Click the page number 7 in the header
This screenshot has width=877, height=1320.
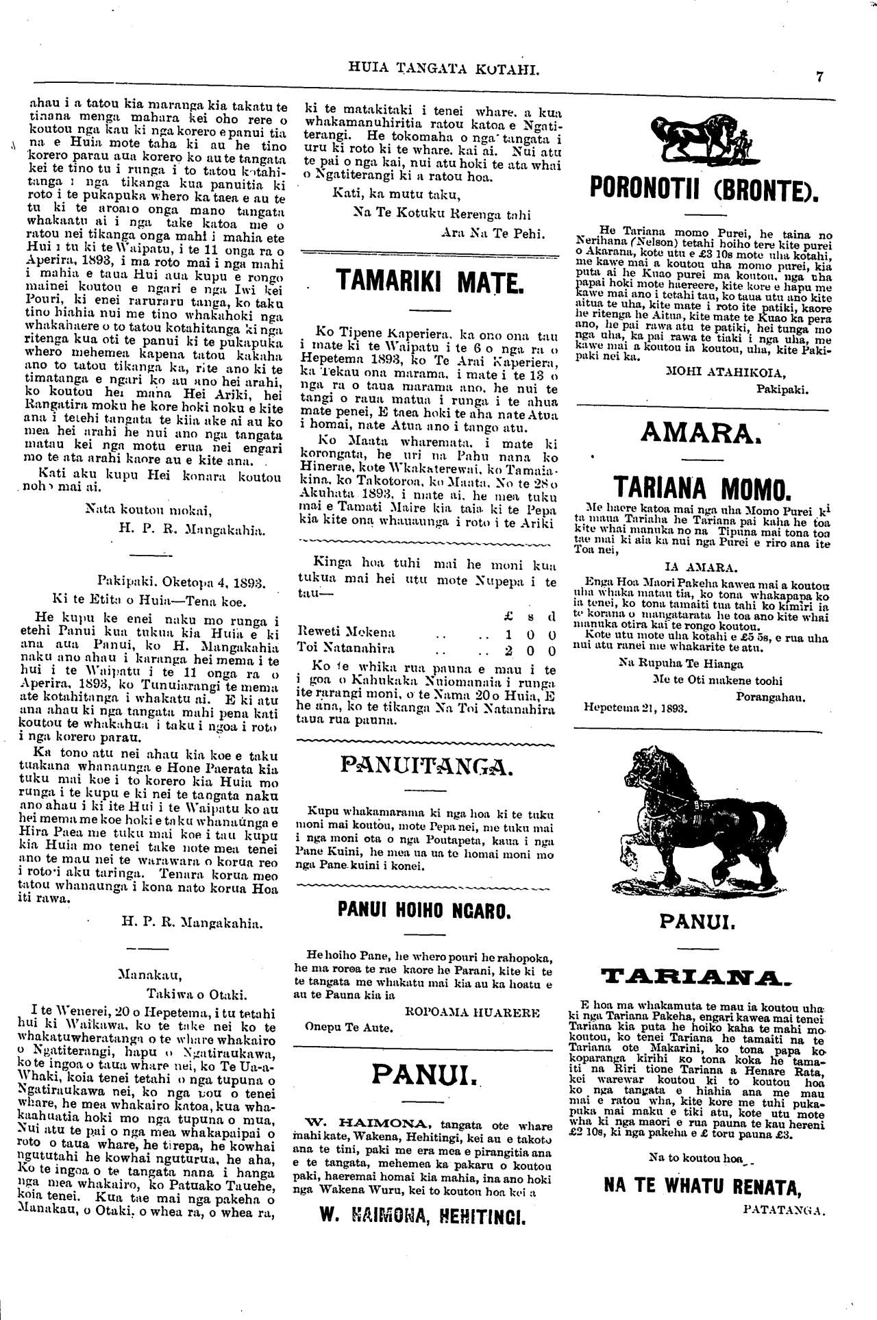click(x=819, y=77)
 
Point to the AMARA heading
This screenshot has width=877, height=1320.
click(x=702, y=433)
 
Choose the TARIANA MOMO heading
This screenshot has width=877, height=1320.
click(x=702, y=488)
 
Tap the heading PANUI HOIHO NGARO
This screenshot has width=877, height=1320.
click(x=425, y=910)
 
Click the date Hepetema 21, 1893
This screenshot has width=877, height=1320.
click(x=636, y=709)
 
